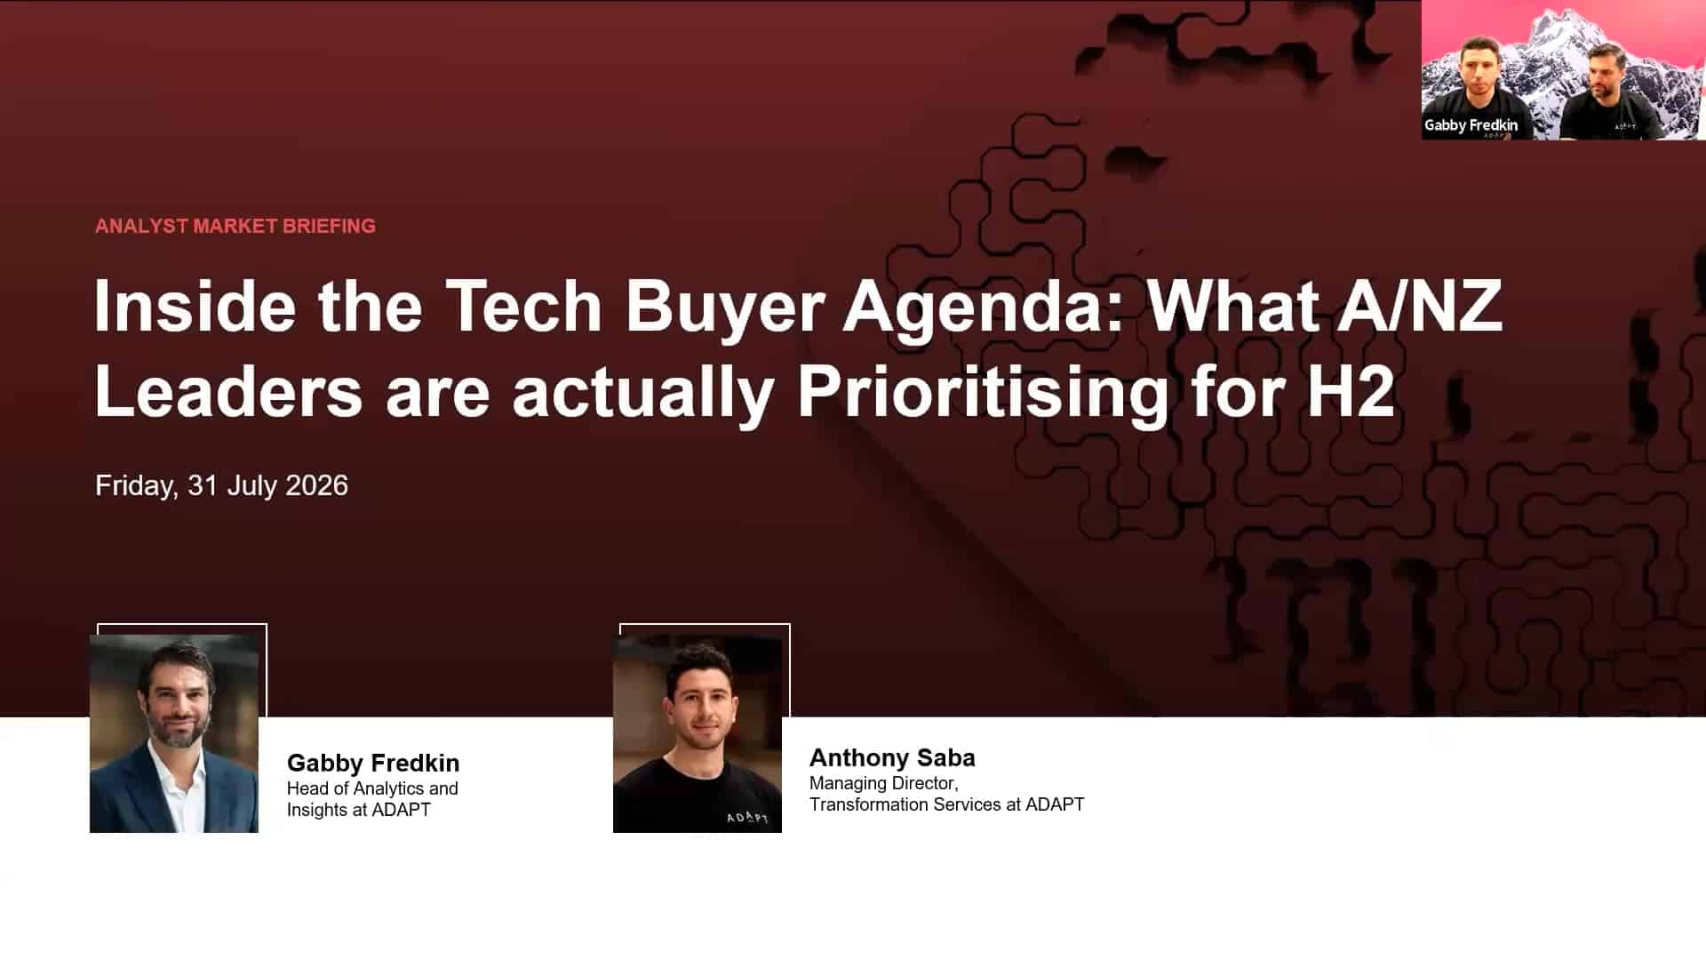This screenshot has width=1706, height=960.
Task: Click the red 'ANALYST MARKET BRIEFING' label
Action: coord(235,226)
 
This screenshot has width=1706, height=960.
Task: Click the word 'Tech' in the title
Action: coord(524,307)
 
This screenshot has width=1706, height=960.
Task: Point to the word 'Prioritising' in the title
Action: coord(983,394)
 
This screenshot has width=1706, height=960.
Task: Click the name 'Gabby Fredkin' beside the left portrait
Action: coord(373,763)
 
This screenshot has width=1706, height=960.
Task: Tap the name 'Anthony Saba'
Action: coord(892,757)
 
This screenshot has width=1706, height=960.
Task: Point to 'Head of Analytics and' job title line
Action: coord(372,788)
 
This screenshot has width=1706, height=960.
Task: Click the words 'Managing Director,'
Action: coord(883,783)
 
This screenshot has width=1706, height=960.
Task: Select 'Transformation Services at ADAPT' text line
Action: coord(946,804)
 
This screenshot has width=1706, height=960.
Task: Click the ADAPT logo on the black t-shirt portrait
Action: coord(747,817)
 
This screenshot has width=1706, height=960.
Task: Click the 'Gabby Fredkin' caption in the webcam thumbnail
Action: coord(1471,125)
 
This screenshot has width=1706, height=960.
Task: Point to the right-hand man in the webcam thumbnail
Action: coord(1608,93)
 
